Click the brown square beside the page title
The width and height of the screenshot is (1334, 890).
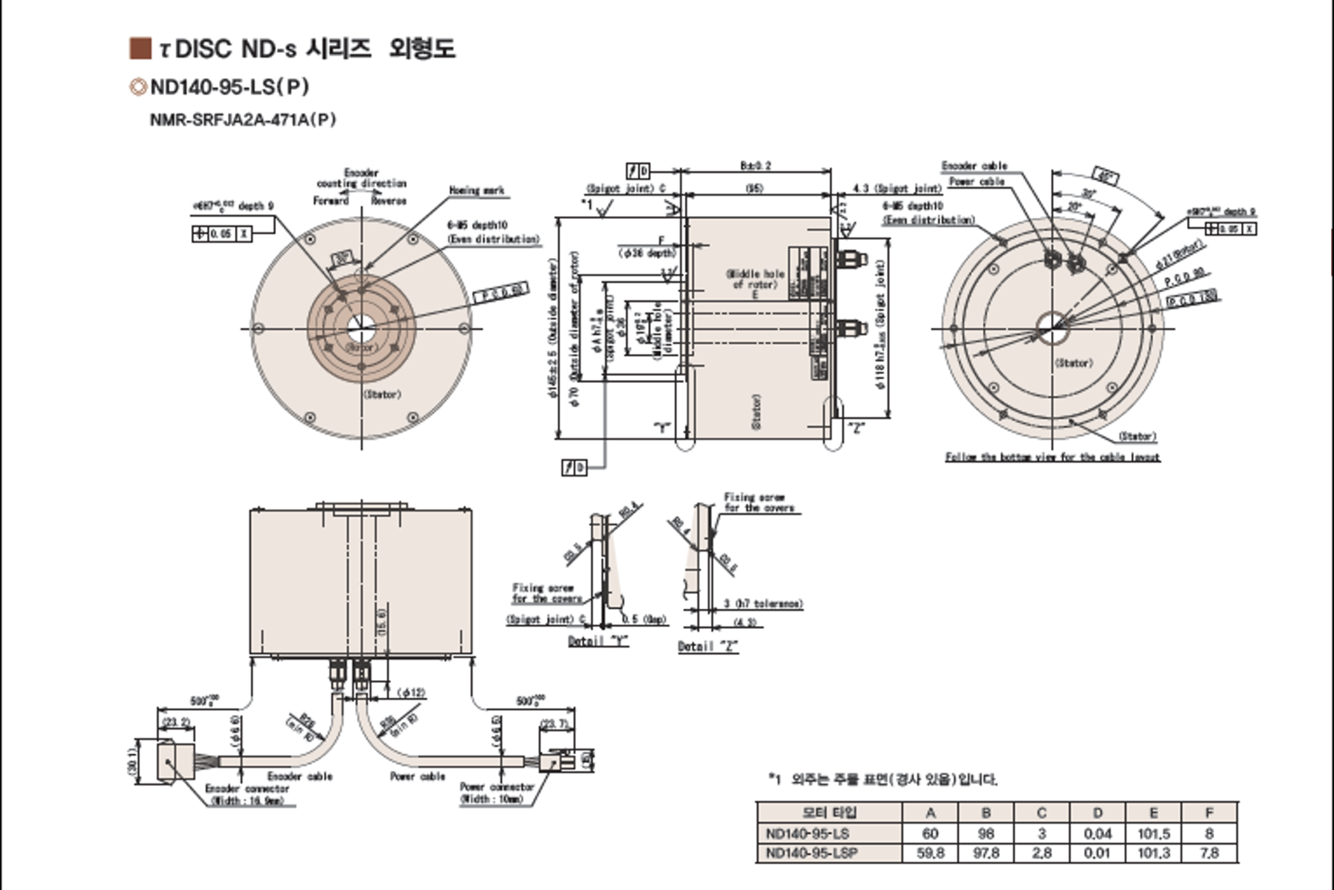(140, 48)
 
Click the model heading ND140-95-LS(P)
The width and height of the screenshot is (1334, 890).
(229, 86)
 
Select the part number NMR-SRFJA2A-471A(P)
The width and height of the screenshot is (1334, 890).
(242, 119)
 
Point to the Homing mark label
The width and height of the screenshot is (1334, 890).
(477, 190)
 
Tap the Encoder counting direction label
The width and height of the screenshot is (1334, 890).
(361, 178)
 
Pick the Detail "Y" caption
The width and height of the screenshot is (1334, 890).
(598, 641)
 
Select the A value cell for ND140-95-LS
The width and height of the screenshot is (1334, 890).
(930, 833)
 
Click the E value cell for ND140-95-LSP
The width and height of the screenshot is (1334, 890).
(1153, 852)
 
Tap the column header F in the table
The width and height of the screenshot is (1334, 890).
(1209, 813)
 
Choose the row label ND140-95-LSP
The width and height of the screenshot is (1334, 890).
(811, 852)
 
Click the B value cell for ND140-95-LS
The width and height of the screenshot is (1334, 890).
(985, 833)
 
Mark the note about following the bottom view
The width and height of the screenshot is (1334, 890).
(1052, 457)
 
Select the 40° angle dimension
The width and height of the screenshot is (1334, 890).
(1104, 175)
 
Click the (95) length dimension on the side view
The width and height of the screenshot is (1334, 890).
(754, 188)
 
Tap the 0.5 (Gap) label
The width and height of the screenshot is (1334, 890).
(644, 619)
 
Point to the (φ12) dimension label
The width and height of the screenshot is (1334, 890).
(411, 693)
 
